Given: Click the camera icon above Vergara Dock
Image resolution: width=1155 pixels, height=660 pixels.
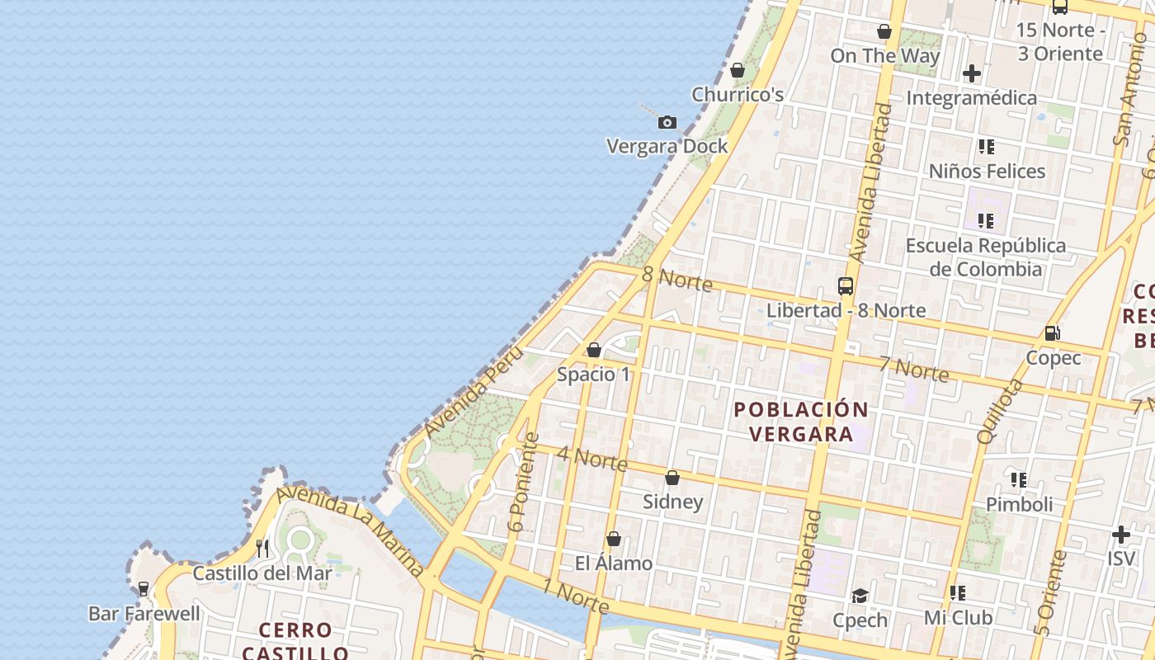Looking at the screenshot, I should pos(667,123).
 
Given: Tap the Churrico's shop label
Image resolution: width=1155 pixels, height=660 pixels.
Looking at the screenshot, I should pos(738,94).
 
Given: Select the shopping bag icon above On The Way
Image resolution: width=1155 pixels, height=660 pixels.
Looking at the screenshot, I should pos(884,31).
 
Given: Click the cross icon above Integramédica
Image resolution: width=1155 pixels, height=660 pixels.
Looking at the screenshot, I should pos(972,73).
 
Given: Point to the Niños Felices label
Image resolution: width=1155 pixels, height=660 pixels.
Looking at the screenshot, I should pos(987,171).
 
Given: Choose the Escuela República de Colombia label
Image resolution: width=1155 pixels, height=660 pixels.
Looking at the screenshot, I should pos(985,257).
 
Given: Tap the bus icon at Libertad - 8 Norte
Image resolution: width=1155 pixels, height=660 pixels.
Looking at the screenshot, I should pos(846,286).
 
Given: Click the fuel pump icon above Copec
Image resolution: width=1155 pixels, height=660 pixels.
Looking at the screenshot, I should pos(1053,333).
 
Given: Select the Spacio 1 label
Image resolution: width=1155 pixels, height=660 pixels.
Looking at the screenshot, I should pos(593,374).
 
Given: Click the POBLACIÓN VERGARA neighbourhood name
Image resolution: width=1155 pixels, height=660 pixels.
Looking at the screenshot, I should pos(801,422).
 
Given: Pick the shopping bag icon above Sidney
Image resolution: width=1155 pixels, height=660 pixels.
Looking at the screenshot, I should pos(672,478).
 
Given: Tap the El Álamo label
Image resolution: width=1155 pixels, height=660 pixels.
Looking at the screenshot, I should pos(613,563).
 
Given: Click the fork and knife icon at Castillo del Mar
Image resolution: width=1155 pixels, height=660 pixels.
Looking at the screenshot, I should pos(262,548).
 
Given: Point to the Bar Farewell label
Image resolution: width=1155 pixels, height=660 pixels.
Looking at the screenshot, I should pos(144,613).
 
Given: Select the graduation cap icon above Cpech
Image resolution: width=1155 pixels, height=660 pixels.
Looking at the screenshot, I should pos(860,596).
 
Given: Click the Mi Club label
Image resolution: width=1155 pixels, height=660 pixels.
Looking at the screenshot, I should pos(958,617).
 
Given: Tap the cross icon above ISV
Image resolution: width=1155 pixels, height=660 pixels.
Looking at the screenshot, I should pos(1120,534).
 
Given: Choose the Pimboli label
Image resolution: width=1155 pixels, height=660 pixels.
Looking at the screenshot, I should pos(1019,503).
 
